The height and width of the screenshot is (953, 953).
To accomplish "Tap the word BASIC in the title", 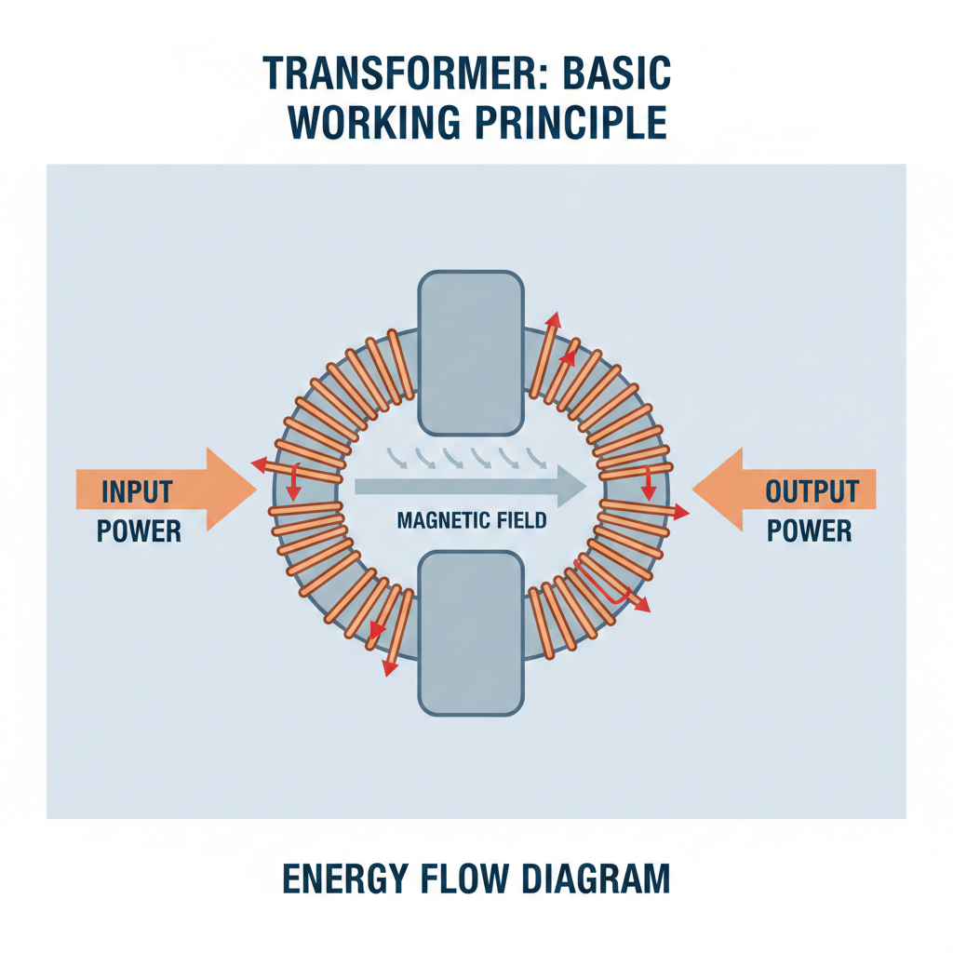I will (615, 74).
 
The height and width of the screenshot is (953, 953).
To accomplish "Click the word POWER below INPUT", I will (139, 530).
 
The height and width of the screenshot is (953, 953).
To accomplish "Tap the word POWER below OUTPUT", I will (810, 530).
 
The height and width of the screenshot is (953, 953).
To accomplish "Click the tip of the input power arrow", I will (253, 490).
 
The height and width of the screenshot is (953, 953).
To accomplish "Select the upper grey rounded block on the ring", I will (471, 353).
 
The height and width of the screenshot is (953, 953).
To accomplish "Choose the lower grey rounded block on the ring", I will (471, 633).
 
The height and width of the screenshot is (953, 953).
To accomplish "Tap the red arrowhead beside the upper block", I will (554, 319).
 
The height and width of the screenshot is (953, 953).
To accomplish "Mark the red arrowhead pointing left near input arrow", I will (254, 463).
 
